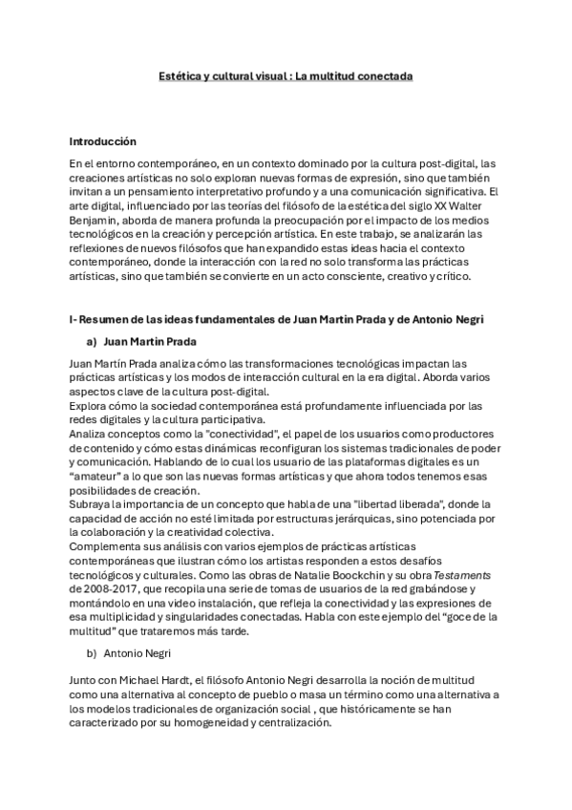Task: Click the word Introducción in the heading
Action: (x=103, y=141)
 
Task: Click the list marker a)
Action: (x=93, y=340)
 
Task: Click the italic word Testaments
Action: (x=464, y=576)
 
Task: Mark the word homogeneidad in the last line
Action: (x=254, y=723)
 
